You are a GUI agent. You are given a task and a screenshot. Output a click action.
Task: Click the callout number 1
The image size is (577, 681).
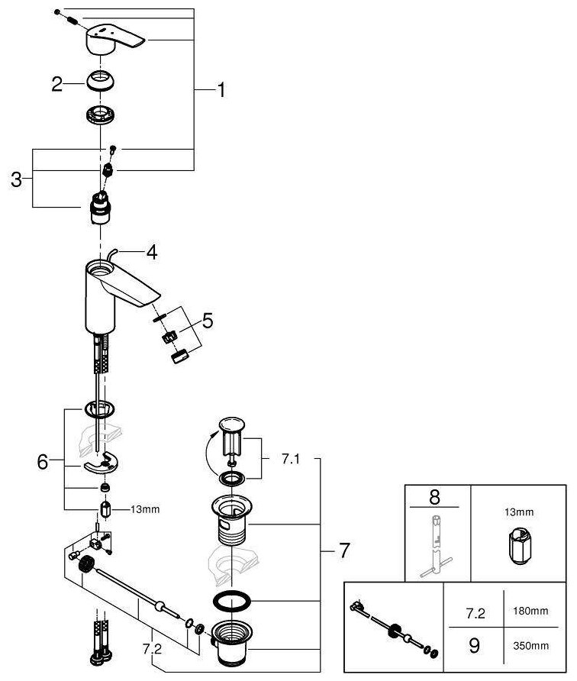(x=221, y=91)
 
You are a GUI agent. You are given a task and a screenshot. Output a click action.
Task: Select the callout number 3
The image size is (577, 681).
(x=17, y=180)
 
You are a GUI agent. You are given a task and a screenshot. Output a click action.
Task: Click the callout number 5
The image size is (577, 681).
(x=208, y=320)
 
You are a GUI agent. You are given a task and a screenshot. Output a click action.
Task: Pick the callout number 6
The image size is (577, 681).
(x=43, y=461)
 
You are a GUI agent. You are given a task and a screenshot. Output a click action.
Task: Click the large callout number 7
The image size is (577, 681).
(x=344, y=550)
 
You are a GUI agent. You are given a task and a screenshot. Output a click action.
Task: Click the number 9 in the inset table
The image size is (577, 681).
(x=474, y=646)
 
